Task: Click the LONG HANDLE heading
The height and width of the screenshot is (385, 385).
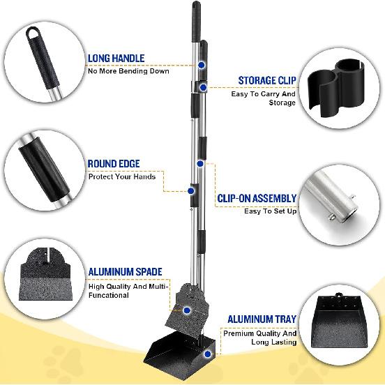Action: [116, 59]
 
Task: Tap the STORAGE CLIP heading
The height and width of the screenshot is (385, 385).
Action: [266, 80]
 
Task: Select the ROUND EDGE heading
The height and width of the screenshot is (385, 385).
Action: [114, 164]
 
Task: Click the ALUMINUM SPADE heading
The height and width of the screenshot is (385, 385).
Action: [125, 271]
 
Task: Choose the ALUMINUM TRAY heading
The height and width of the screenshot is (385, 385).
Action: [262, 319]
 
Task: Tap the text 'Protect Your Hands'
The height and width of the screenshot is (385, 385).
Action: [122, 176]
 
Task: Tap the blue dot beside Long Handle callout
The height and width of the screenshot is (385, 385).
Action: [202, 64]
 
